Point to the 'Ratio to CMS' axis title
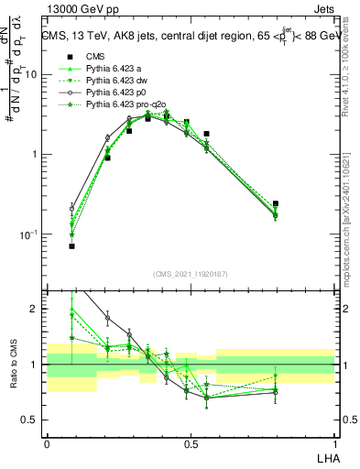pyautogui.click(x=14, y=365)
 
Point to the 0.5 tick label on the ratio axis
pyautogui.click(x=33, y=420)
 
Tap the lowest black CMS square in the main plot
pyautogui.click(x=71, y=245)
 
